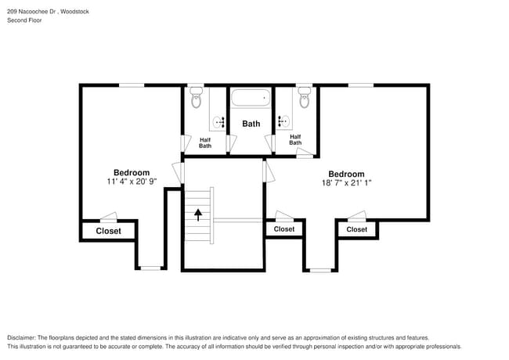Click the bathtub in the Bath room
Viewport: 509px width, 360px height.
[x=250, y=99]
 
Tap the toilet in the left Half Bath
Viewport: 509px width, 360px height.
[x=196, y=98]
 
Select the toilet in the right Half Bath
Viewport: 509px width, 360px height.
[x=304, y=98]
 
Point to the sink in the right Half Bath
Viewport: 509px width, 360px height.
[x=283, y=121]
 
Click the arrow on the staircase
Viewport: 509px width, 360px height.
[x=198, y=213]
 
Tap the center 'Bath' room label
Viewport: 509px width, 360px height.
[x=251, y=124]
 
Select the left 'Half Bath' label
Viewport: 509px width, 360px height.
[x=205, y=142]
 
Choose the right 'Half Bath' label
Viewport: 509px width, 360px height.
[x=295, y=139]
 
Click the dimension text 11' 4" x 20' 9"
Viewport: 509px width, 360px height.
[x=132, y=182]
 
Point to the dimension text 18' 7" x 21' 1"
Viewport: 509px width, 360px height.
[x=346, y=183]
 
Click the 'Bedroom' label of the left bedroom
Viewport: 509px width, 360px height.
[x=132, y=172]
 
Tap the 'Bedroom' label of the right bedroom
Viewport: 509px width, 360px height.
[x=346, y=174]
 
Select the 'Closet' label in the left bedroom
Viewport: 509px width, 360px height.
[x=108, y=231]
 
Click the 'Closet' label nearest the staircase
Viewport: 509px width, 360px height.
[x=283, y=229]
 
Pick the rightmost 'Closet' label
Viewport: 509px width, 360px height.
[x=356, y=229]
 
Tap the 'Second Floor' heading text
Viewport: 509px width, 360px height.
[x=24, y=20]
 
